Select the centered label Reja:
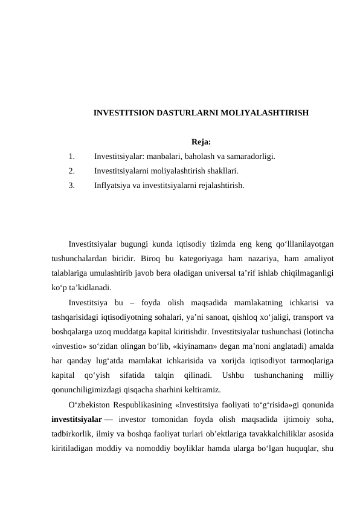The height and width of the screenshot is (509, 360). (201, 143)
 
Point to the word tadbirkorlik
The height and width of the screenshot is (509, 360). (74, 432)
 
